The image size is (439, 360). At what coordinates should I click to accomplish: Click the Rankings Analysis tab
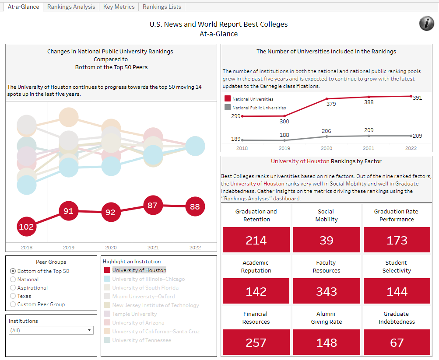(x=71, y=7)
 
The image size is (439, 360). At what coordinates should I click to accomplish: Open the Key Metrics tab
(x=119, y=7)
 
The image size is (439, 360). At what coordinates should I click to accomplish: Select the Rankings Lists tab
(x=162, y=7)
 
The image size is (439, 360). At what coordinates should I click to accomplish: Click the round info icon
(x=427, y=24)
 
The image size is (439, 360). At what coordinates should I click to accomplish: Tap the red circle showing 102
(x=26, y=227)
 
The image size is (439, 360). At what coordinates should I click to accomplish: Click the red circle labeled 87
(x=152, y=206)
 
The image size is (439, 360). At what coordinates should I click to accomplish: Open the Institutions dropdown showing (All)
(x=51, y=330)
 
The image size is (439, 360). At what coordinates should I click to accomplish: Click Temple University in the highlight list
(x=134, y=314)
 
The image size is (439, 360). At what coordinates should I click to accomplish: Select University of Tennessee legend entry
(x=141, y=340)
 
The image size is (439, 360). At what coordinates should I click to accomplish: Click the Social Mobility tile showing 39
(x=327, y=240)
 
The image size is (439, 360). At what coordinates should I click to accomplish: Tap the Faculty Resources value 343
(x=327, y=291)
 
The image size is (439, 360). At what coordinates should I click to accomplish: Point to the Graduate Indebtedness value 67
(x=397, y=343)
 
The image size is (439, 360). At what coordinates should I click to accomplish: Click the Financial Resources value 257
(x=256, y=343)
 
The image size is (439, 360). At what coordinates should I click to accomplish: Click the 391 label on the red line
(x=417, y=98)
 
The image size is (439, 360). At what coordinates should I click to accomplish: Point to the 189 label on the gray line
(x=236, y=139)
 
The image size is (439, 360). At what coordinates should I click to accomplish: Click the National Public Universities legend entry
(x=259, y=108)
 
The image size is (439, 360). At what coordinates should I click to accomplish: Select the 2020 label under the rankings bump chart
(x=111, y=248)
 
